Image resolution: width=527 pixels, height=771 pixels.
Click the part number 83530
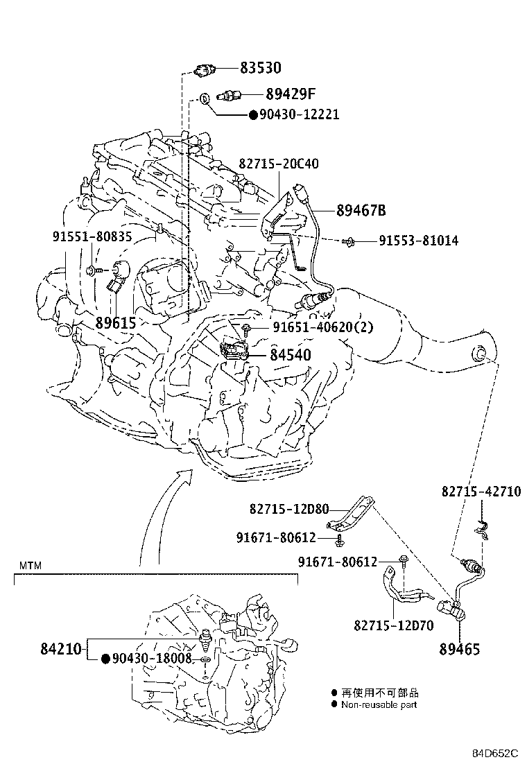261,68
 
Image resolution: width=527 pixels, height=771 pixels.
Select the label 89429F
291,94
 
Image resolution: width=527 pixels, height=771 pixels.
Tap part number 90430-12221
300,114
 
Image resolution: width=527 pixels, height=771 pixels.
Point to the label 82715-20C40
279,164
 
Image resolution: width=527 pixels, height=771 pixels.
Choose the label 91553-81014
418,241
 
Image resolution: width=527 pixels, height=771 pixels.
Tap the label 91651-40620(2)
322,327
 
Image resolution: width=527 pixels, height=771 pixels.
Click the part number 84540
290,355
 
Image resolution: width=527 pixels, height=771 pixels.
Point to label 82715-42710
481,491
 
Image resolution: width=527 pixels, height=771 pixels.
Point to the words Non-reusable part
379,704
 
